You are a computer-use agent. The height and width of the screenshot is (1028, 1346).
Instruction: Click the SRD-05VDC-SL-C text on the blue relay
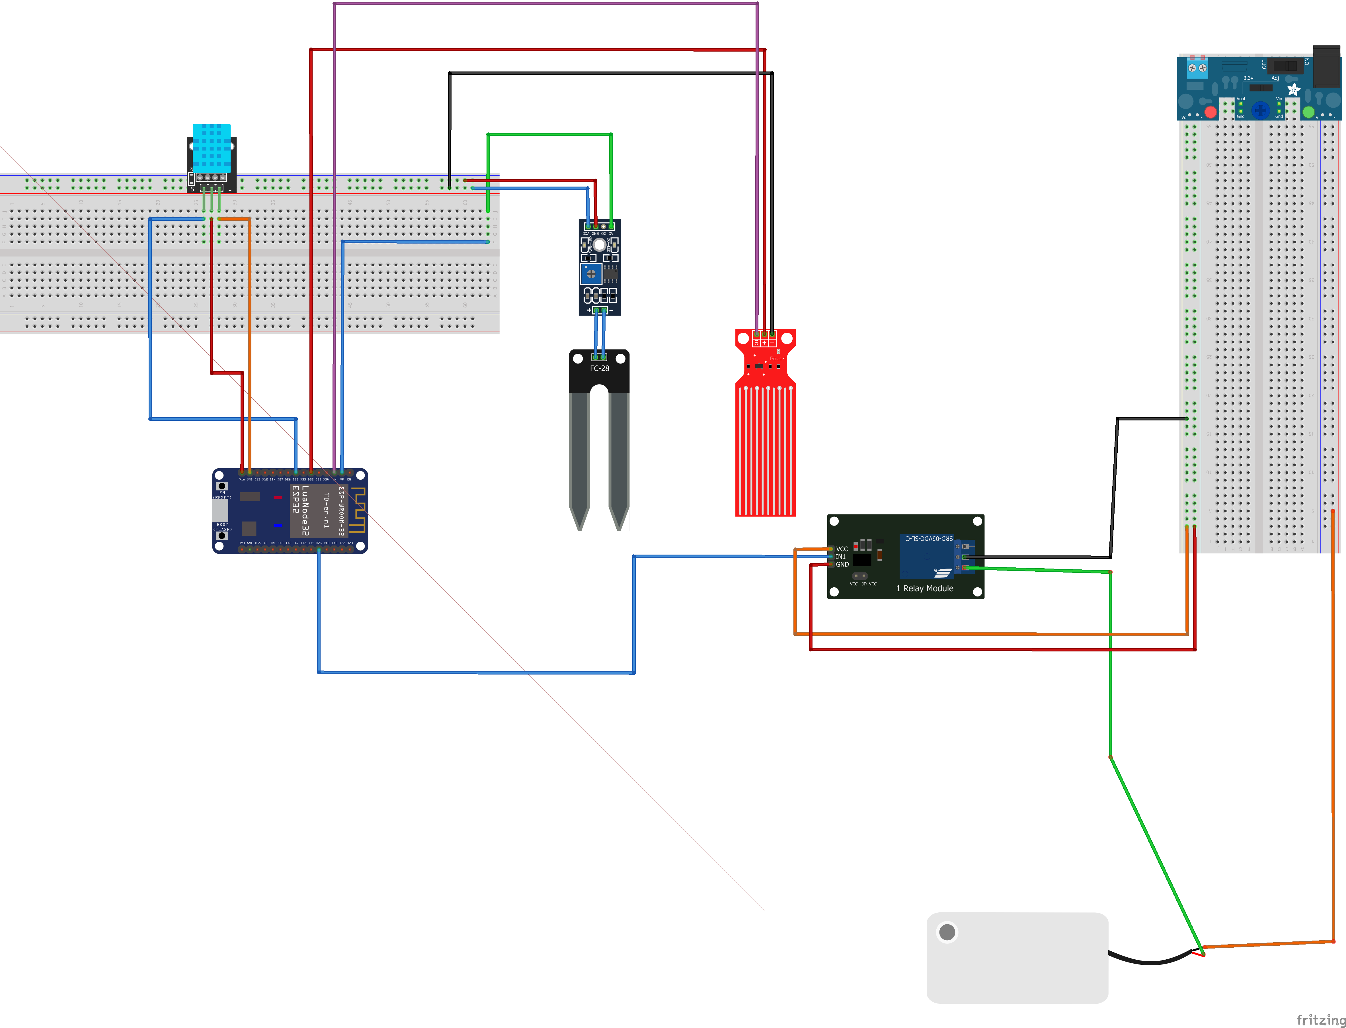928,538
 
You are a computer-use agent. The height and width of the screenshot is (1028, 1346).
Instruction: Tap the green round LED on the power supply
1308,112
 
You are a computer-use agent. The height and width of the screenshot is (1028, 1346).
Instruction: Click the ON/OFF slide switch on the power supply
1284,66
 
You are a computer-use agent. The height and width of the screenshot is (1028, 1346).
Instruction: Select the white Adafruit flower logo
1293,90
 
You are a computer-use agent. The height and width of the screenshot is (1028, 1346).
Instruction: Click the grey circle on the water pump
947,932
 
